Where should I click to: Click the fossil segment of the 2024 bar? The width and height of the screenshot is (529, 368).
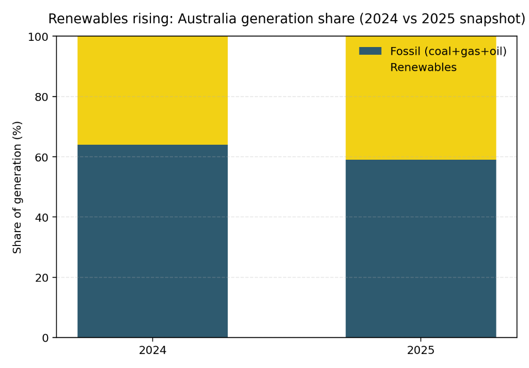point(152,241)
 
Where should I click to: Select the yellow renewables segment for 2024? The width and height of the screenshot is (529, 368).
point(152,90)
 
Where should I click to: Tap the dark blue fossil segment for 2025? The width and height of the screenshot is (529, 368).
point(421,248)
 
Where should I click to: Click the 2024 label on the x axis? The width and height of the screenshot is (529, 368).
point(152,350)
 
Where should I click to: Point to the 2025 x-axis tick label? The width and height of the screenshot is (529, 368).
point(421,350)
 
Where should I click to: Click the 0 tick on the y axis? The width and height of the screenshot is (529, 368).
point(46,338)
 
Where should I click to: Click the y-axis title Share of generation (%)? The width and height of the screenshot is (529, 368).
point(18,187)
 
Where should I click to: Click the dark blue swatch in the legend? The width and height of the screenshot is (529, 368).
point(370,51)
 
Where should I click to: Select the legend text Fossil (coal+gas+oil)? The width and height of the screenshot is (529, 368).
point(448,51)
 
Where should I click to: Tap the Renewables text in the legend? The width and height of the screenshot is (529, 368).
point(423,68)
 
